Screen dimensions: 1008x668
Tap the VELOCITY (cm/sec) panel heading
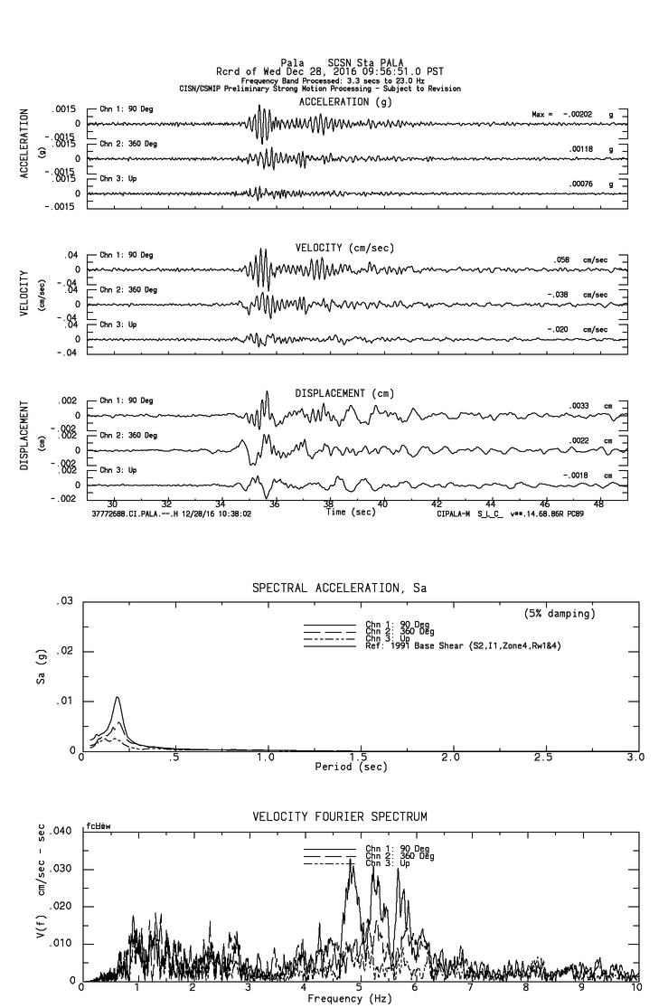(x=344, y=248)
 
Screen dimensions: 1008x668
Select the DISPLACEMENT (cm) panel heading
(x=344, y=393)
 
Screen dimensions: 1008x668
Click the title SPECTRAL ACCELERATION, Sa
(x=339, y=589)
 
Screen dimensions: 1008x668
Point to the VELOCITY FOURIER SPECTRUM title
(x=339, y=817)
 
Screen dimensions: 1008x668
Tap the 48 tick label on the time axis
(x=598, y=504)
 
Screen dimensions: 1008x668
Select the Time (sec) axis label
(x=349, y=512)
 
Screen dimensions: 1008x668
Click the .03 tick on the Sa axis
(x=66, y=601)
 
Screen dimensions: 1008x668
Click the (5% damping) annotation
(x=560, y=614)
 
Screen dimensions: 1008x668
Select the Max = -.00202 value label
(x=566, y=115)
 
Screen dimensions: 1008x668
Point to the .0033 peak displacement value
(x=579, y=406)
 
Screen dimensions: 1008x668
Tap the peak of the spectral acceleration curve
(x=118, y=697)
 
